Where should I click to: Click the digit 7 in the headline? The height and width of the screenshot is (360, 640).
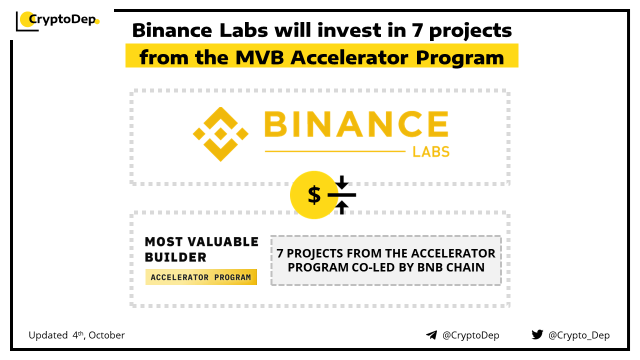tap(417, 30)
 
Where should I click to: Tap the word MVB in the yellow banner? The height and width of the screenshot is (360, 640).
tap(259, 57)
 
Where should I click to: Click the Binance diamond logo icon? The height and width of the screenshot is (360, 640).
tap(220, 134)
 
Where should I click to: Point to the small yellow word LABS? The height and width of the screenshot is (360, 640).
tap(431, 151)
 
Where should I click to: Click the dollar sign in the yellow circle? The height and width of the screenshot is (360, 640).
tap(314, 195)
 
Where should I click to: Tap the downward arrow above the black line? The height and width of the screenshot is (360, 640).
tap(341, 182)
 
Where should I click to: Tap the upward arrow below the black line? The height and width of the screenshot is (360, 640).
tap(341, 207)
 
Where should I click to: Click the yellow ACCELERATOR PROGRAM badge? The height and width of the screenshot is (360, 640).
tap(201, 277)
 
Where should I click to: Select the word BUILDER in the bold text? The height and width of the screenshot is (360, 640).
tap(175, 257)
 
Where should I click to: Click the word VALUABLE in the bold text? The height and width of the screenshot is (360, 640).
tap(223, 241)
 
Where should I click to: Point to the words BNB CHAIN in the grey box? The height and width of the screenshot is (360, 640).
tap(451, 267)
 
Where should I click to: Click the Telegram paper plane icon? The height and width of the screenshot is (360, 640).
tap(431, 335)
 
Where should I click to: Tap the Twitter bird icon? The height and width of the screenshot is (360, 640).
tap(537, 334)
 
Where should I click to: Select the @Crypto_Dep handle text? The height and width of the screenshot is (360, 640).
tap(579, 335)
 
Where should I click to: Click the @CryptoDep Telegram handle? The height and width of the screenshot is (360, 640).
tap(471, 335)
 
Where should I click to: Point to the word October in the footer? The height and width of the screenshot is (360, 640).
tap(106, 335)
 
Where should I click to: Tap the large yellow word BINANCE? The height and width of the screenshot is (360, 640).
tap(356, 124)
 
